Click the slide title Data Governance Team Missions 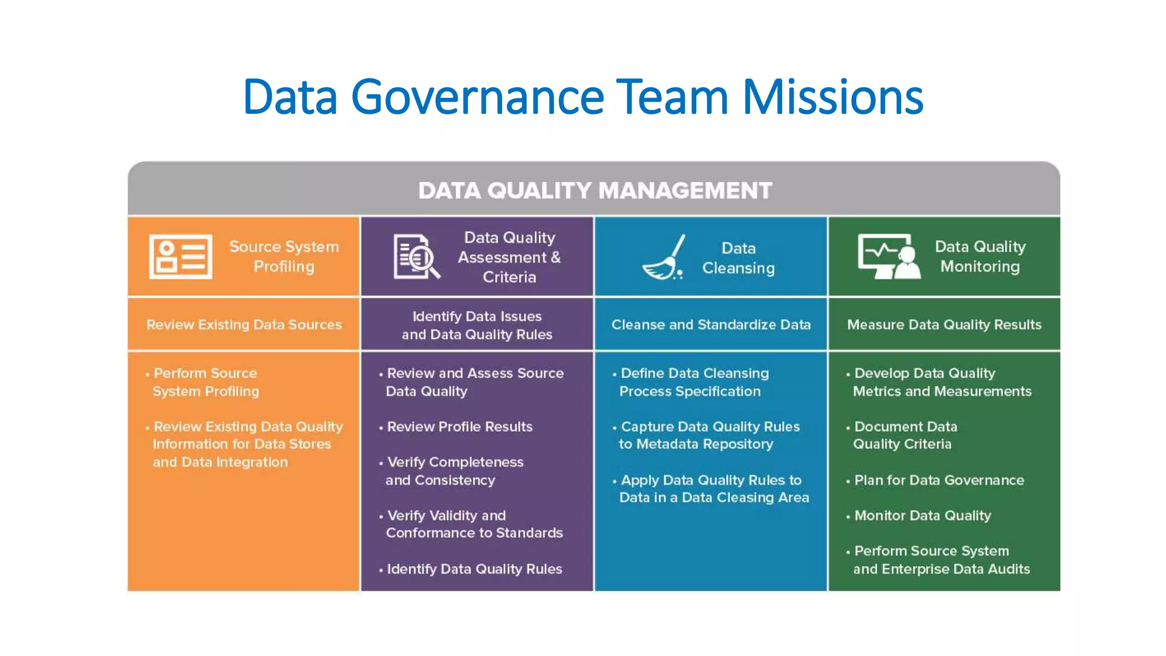pos(582,97)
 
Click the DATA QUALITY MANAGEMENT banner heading pos(595,191)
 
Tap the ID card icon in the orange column pos(180,257)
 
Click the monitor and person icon pos(889,256)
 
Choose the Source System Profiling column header pos(284,256)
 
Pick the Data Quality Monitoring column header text pos(980,256)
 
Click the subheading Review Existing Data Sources pos(244,325)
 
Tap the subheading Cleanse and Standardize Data pos(711,325)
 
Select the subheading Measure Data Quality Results pos(944,325)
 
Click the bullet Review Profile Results pos(459,427)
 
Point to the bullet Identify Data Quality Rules pos(474,569)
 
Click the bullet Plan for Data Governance pos(939,480)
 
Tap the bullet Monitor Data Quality pos(922,515)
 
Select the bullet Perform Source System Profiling pos(206,382)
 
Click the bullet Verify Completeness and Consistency pos(454,471)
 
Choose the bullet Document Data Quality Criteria pos(905,435)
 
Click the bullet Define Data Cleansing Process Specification pos(694,382)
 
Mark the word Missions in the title pos(832,97)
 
